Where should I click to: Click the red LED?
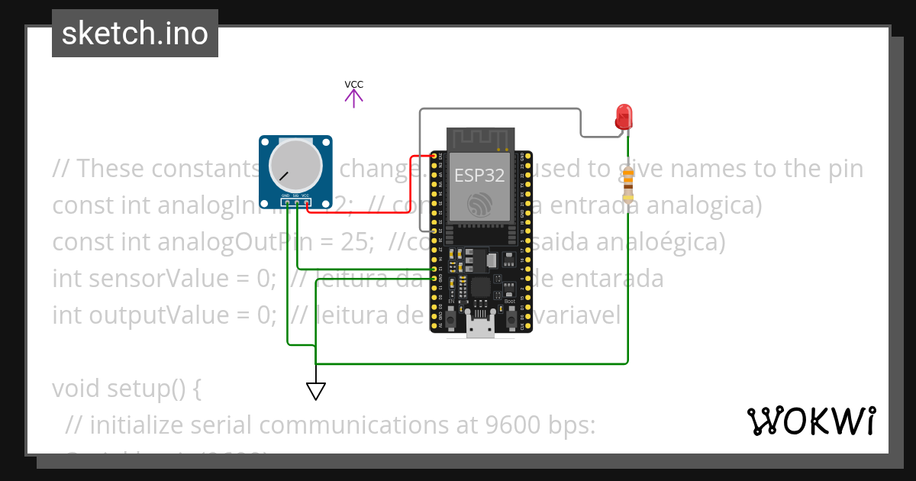click(624, 117)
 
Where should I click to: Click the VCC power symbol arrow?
click(353, 97)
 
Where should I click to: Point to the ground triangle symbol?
click(316, 391)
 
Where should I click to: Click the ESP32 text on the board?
click(479, 175)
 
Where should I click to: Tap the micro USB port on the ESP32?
click(479, 328)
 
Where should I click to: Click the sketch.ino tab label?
click(135, 34)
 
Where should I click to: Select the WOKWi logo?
click(811, 421)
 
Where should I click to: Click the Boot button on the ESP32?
click(510, 316)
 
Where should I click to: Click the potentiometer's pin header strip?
click(295, 202)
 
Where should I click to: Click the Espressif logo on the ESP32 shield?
click(479, 203)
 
